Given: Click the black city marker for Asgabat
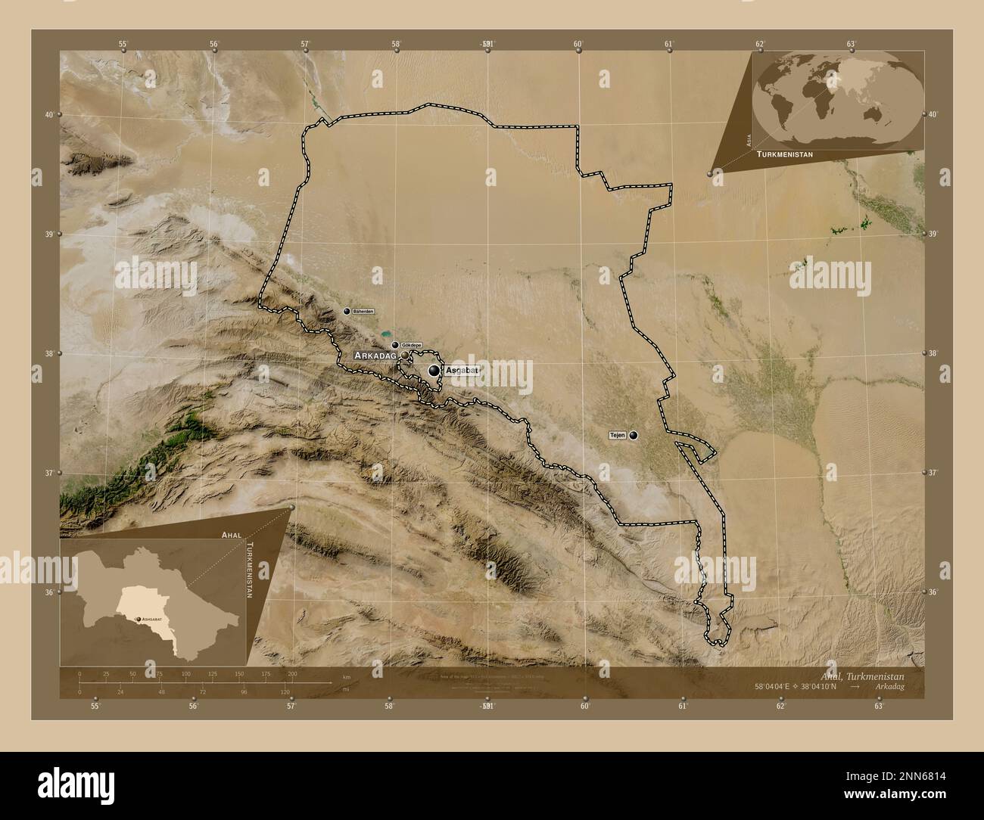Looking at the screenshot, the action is [x=434, y=371].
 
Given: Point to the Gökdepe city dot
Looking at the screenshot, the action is [x=395, y=345].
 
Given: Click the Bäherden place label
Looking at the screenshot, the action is [x=363, y=311].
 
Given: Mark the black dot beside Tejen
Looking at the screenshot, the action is [x=634, y=435].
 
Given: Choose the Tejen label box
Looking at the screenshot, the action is [x=617, y=435].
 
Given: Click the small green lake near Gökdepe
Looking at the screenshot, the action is [x=386, y=332].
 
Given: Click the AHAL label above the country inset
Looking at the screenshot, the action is [x=231, y=534].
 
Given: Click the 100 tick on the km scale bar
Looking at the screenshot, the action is [x=185, y=673].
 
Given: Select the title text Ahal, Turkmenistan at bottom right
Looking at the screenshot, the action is [x=872, y=675].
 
